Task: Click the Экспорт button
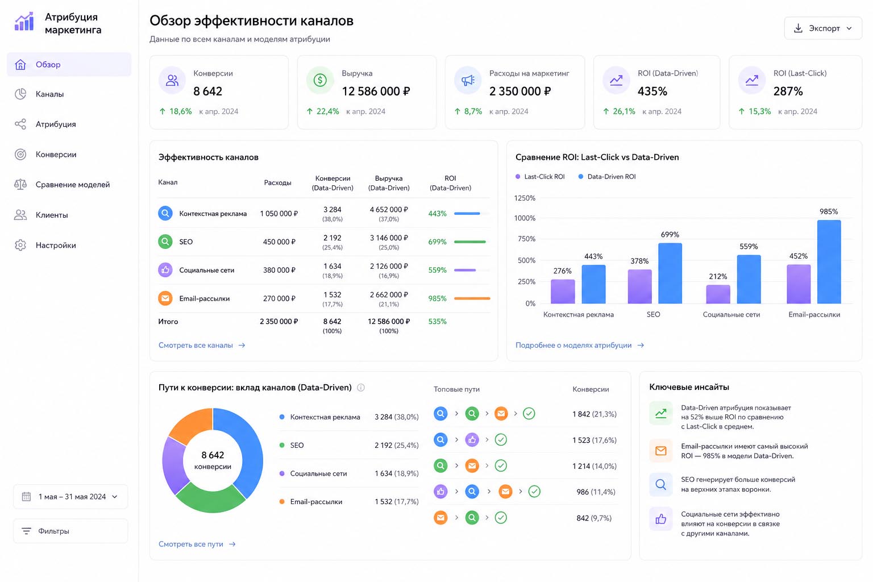coord(823,28)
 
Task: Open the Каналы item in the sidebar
coord(49,94)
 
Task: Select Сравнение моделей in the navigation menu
coord(73,184)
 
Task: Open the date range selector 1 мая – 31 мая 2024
coord(70,497)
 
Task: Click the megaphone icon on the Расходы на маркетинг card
coord(468,80)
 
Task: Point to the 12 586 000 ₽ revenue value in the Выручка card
coord(376,91)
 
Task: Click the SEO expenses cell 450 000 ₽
coord(279,242)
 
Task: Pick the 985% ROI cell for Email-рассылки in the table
coord(437,298)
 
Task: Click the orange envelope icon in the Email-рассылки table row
coord(165,298)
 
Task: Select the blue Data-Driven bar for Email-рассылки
coord(829,261)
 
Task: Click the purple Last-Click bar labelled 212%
coord(718,294)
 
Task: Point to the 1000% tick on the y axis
coord(525,218)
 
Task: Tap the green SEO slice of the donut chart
coord(210,498)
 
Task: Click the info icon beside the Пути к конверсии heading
coord(361,388)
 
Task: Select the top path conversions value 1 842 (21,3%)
coord(595,414)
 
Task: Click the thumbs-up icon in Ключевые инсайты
coord(660,519)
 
